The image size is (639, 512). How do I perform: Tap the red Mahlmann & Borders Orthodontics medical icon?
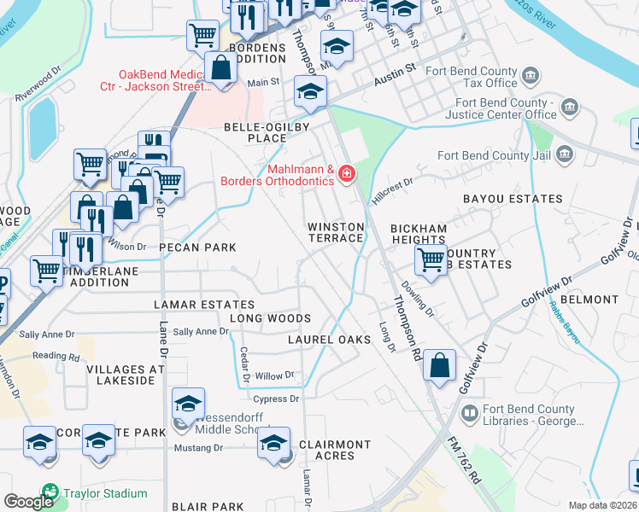coord(347,175)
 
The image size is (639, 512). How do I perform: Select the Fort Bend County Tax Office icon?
coord(531,77)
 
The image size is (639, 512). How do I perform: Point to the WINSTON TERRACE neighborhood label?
coord(336,232)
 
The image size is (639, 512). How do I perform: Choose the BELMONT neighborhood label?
coord(589,300)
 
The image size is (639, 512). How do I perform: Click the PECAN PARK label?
coord(196,247)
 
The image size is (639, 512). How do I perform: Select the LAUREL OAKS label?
coord(329,340)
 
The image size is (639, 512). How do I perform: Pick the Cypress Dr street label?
coord(276,399)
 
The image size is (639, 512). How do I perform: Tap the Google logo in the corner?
coord(28,502)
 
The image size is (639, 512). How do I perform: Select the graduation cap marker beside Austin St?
coord(310,91)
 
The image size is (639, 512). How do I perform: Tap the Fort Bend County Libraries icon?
coord(469,414)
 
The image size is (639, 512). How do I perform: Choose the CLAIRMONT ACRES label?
coord(334,450)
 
